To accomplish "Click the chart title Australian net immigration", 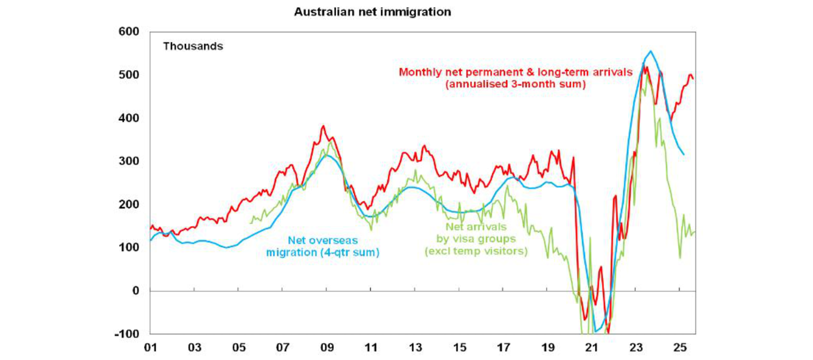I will point(372,12).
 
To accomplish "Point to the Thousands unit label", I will point(193,46).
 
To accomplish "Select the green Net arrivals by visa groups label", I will point(476,239).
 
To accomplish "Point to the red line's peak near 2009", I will point(323,126).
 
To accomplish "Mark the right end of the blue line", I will point(684,155).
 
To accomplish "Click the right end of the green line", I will point(694,231).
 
